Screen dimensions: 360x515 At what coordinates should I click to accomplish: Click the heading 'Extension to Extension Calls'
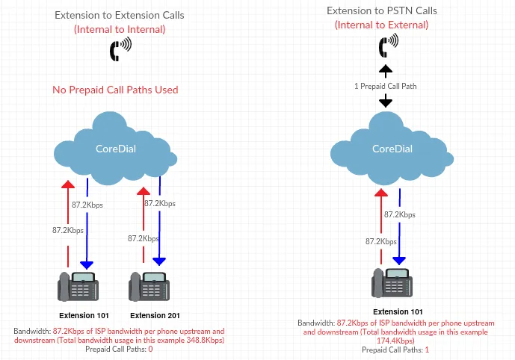(120, 15)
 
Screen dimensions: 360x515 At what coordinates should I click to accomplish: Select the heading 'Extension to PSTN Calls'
(382, 10)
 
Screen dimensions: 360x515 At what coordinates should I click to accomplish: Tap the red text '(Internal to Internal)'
(120, 29)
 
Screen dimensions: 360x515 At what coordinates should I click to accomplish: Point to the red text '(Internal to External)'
(382, 25)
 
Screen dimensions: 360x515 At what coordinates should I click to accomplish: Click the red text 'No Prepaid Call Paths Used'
(115, 90)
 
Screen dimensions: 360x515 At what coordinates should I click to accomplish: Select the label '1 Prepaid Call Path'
(385, 86)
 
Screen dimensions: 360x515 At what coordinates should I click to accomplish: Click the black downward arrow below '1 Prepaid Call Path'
(385, 99)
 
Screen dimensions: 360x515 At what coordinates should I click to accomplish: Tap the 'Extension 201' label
(155, 315)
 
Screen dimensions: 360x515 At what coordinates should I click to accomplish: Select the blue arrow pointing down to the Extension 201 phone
(159, 231)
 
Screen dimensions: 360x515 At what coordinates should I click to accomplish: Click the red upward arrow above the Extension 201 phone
(142, 224)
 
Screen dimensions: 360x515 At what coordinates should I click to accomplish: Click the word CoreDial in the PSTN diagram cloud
(392, 149)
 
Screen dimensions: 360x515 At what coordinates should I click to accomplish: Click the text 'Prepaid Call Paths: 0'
(119, 349)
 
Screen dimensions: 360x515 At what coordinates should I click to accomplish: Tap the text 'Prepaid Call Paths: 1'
(396, 350)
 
